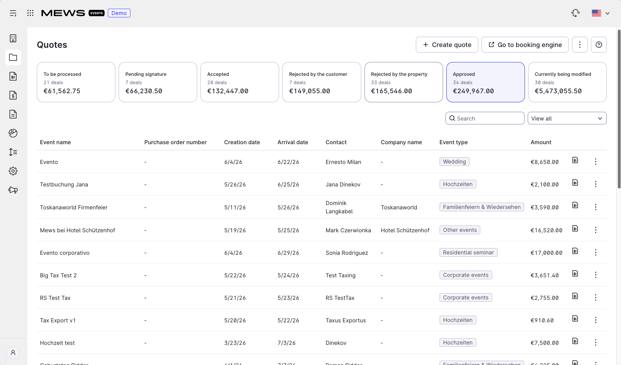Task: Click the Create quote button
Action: tap(447, 45)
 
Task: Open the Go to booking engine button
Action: tap(525, 45)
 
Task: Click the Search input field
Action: tap(485, 119)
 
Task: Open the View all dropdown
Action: tap(567, 119)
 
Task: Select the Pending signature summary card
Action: tap(158, 82)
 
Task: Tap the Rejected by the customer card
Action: tap(322, 82)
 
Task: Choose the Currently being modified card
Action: tap(567, 82)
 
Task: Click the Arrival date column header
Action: tap(293, 142)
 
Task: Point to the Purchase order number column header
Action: tap(176, 142)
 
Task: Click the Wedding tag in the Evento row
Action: tap(454, 162)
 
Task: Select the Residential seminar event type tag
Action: tap(468, 252)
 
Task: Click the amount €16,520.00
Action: tap(546, 230)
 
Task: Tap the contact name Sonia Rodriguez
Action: tap(347, 253)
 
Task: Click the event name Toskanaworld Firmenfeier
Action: tap(74, 207)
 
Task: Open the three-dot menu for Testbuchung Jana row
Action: tap(595, 184)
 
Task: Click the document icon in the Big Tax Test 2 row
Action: tap(575, 273)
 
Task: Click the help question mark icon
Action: tap(599, 45)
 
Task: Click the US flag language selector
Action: tap(600, 13)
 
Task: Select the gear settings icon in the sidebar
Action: tap(13, 171)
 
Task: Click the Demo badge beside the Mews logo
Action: tap(119, 13)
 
